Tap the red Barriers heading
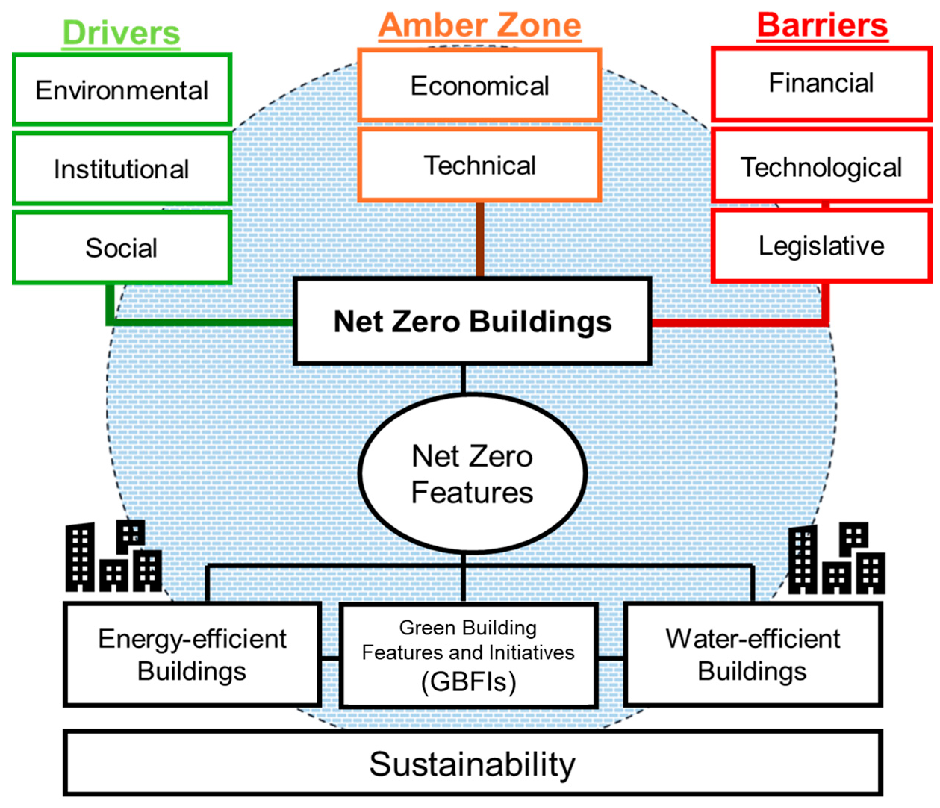(822, 25)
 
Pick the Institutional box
(122, 169)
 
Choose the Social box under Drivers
(122, 247)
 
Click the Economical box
(480, 85)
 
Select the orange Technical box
(480, 165)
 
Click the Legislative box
(821, 246)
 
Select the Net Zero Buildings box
(472, 321)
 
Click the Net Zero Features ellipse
(472, 474)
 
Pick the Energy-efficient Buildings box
(192, 655)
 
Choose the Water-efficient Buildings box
(753, 655)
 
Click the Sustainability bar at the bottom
(472, 764)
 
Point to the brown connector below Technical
(480, 239)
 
